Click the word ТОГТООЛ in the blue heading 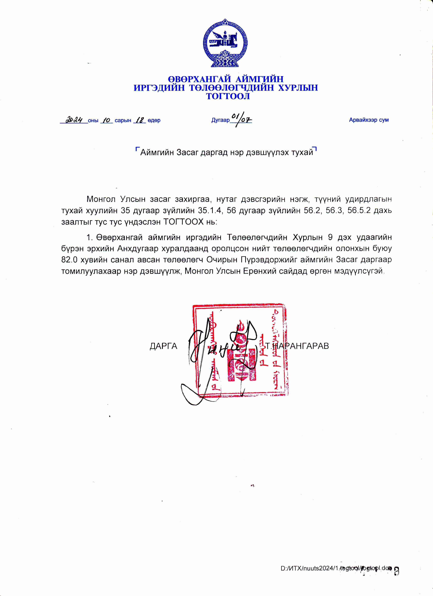[228, 96]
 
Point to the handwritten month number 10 [107, 120]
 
